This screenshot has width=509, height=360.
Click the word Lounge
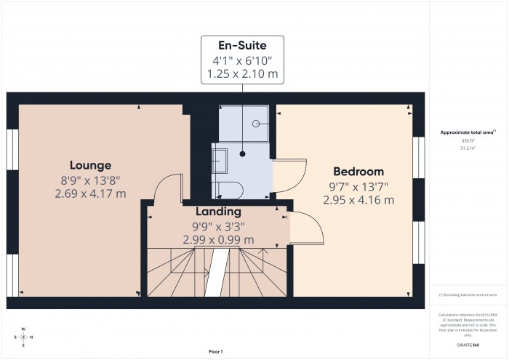click(90, 165)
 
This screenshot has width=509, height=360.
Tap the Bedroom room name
click(358, 172)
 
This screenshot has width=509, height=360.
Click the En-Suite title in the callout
click(242, 46)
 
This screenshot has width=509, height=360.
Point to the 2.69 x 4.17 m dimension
click(90, 193)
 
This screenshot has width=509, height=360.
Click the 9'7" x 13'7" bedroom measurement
click(358, 186)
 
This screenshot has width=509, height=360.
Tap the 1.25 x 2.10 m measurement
click(242, 74)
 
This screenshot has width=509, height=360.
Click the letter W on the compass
click(23, 329)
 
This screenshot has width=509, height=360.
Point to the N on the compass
click(32, 337)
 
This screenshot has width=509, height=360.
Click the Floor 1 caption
click(215, 351)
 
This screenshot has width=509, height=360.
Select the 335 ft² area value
click(468, 140)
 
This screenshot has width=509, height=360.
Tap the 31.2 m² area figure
click(468, 148)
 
